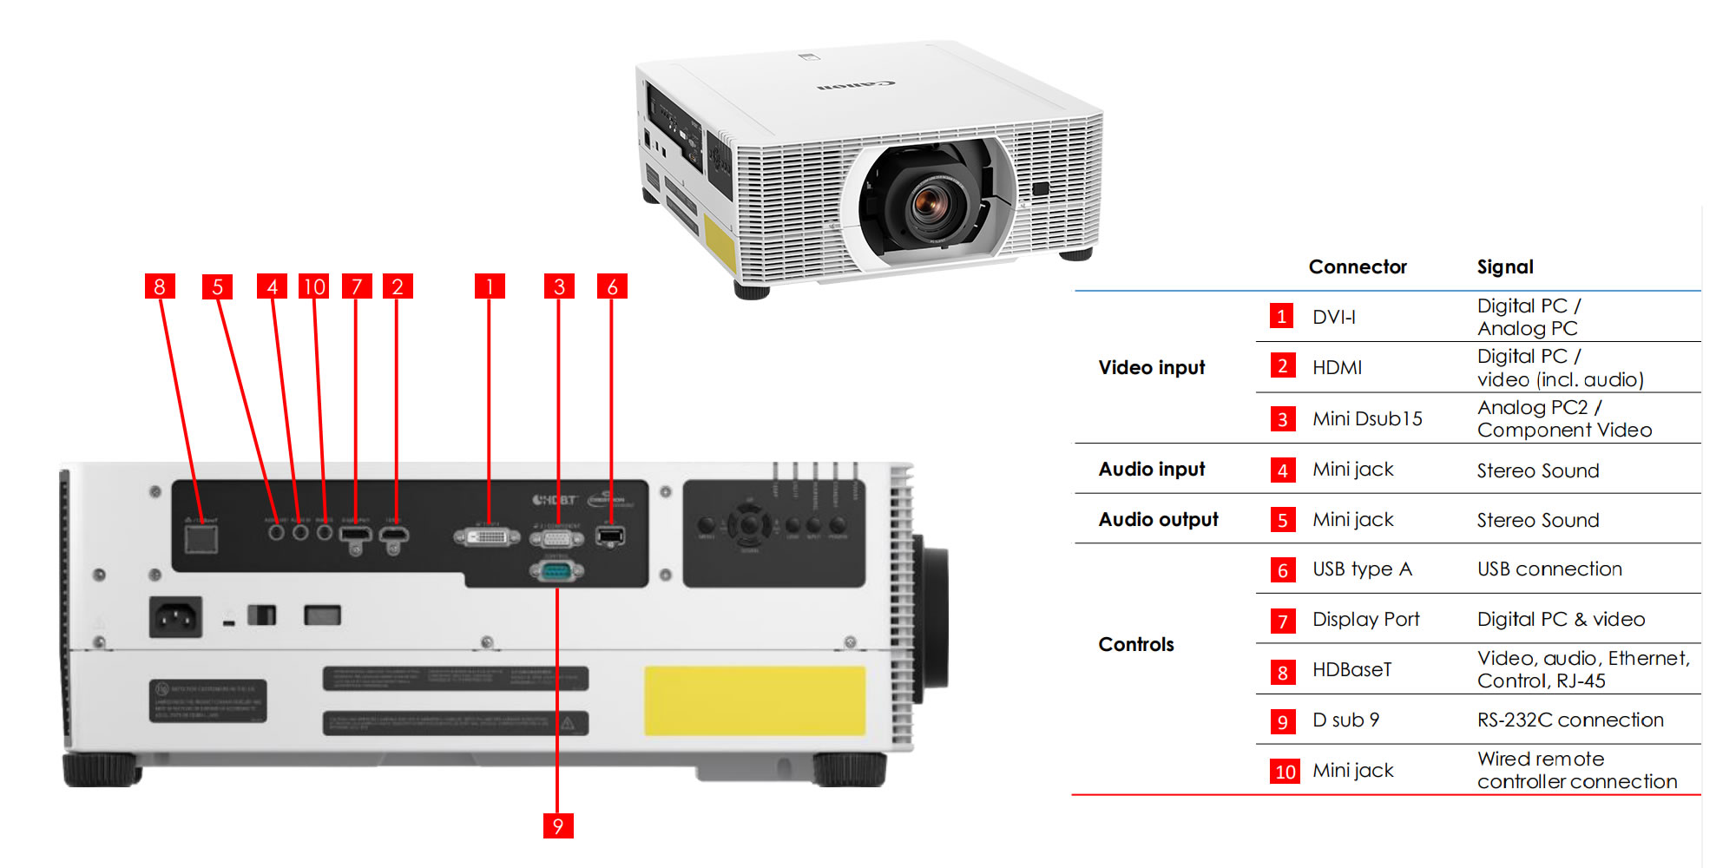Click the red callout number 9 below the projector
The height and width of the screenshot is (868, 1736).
pyautogui.click(x=557, y=825)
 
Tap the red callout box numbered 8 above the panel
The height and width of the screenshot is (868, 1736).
pyautogui.click(x=160, y=286)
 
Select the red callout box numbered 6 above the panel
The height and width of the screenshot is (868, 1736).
pyautogui.click(x=612, y=286)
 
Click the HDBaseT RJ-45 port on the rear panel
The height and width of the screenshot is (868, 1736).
pyautogui.click(x=201, y=538)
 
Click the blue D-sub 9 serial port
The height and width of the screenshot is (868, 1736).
pyautogui.click(x=556, y=570)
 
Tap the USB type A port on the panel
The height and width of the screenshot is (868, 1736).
pyautogui.click(x=611, y=536)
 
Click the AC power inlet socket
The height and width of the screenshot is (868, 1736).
pyautogui.click(x=175, y=617)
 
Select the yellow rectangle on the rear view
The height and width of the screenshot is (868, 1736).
pyautogui.click(x=754, y=700)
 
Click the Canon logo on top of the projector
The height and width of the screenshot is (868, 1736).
pyautogui.click(x=856, y=85)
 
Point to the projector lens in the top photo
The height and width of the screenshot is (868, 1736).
pyautogui.click(x=930, y=201)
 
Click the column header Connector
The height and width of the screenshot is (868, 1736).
pyautogui.click(x=1358, y=267)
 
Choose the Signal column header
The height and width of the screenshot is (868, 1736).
pyautogui.click(x=1505, y=267)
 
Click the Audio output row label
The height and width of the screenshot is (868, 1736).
pyautogui.click(x=1158, y=519)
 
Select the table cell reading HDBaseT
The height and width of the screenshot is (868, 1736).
pyautogui.click(x=1351, y=670)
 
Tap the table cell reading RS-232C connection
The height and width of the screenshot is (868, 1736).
pyautogui.click(x=1570, y=720)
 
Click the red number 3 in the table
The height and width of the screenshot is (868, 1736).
pyautogui.click(x=1282, y=419)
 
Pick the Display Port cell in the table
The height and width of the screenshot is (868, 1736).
pyautogui.click(x=1365, y=620)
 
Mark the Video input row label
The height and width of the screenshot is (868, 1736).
pyautogui.click(x=1151, y=367)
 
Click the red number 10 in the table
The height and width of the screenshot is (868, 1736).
pyautogui.click(x=1285, y=772)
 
